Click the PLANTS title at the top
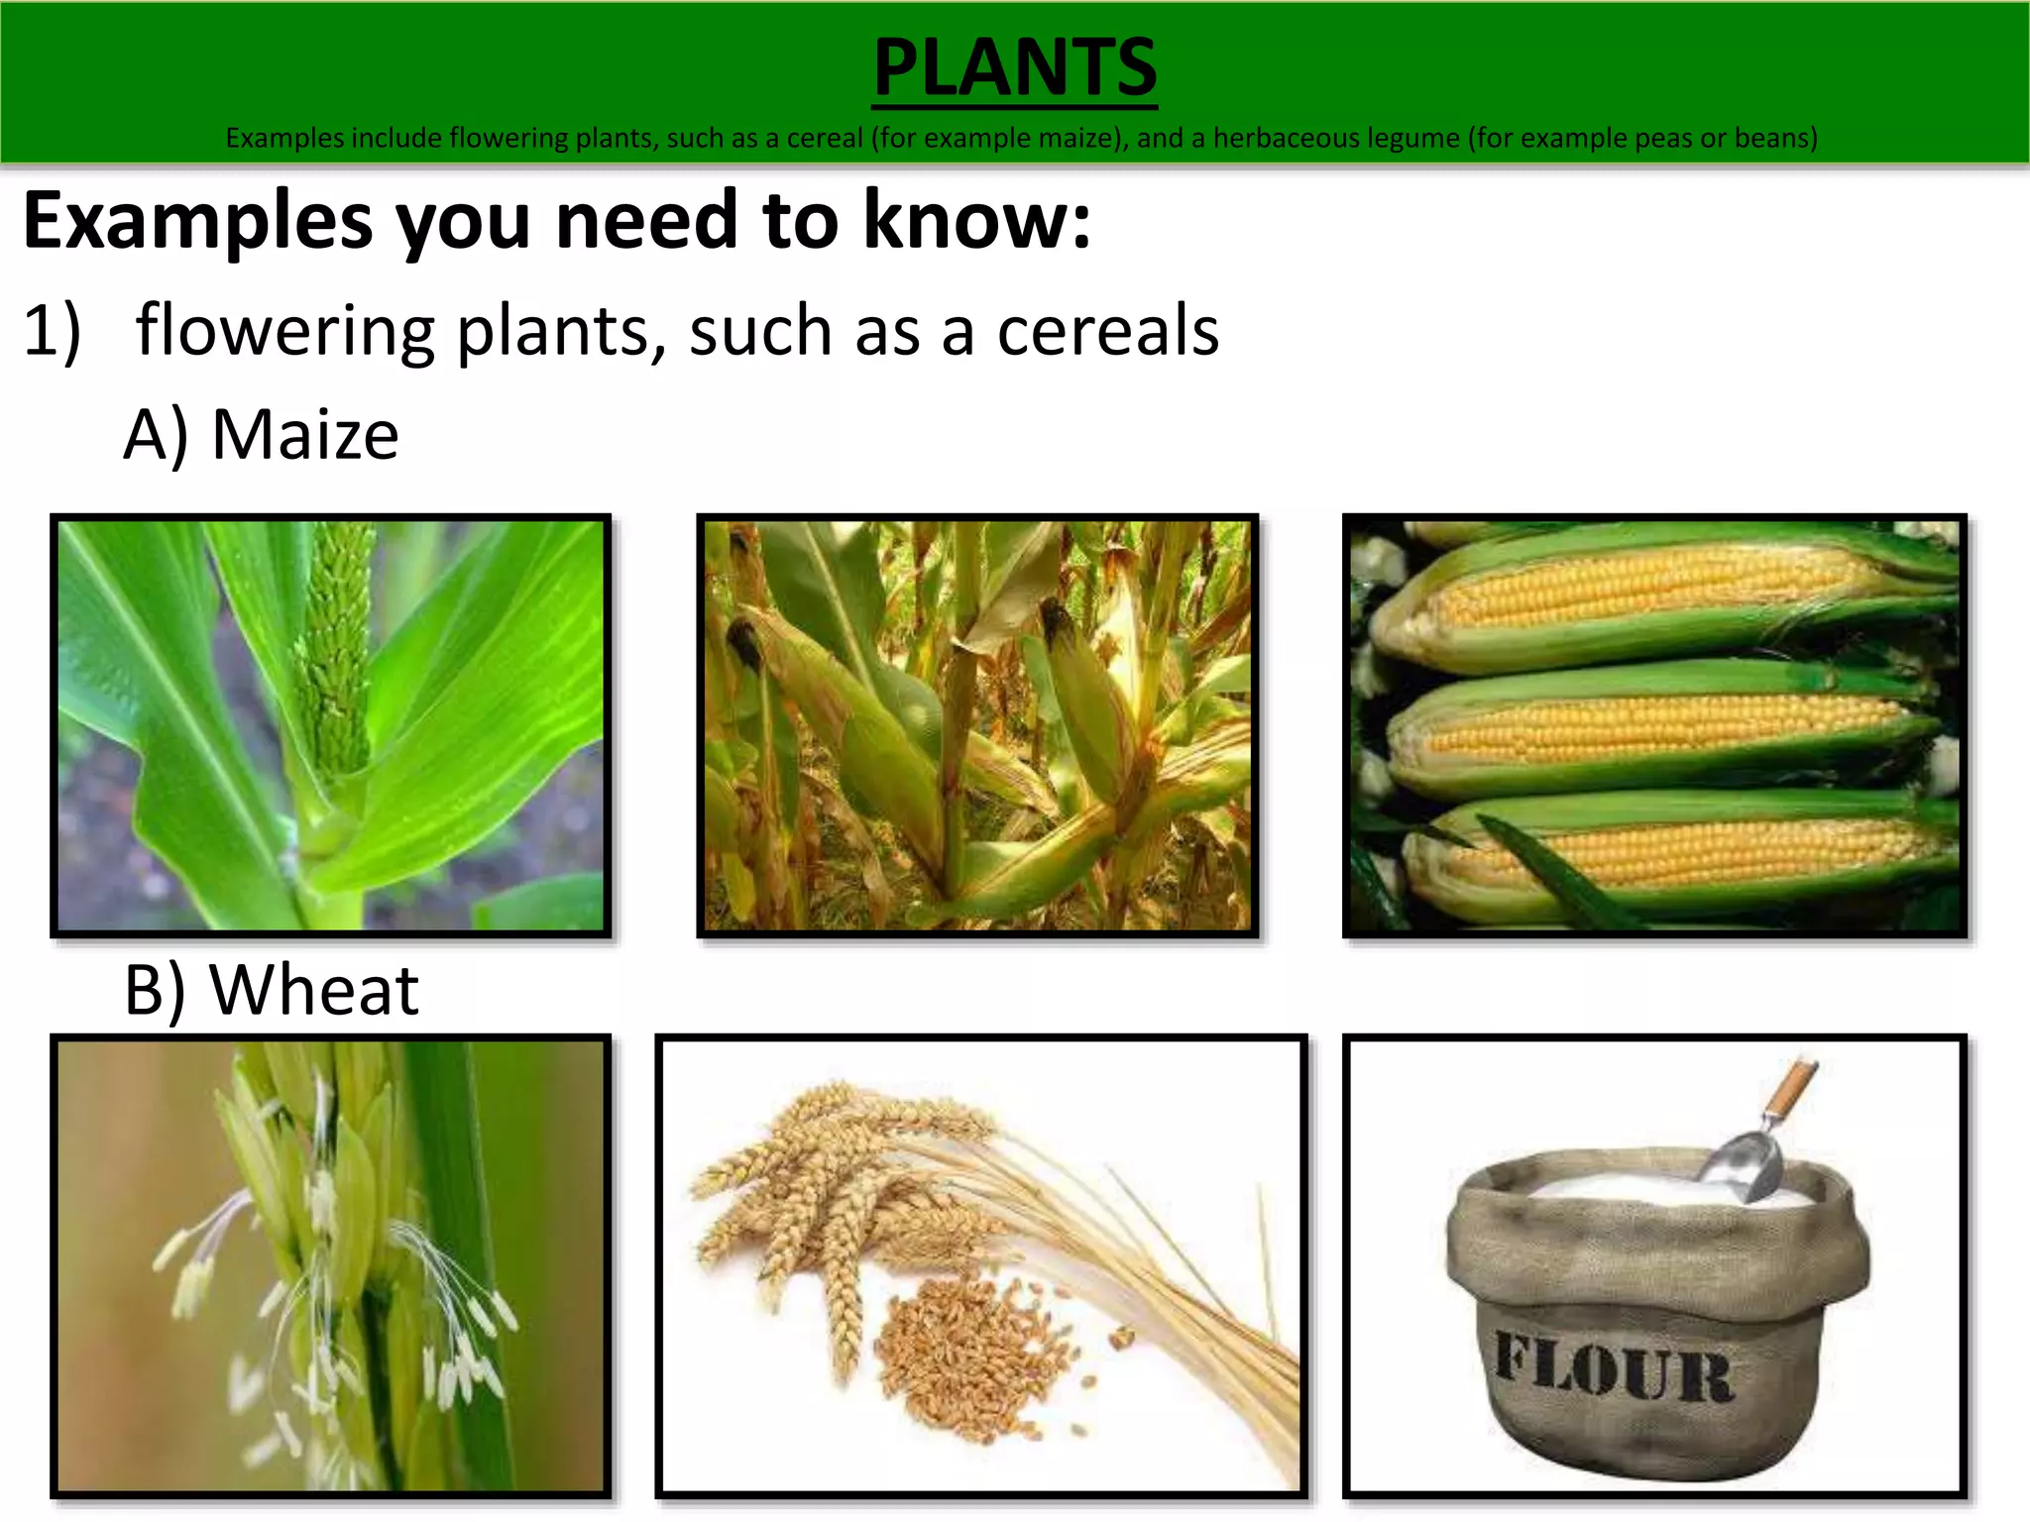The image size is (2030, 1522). pos(1014,67)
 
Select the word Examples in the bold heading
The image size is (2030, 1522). pos(198,221)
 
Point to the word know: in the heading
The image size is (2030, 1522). pos(976,219)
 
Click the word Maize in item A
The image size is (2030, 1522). pos(304,435)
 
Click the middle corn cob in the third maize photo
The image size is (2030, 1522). pos(1655,728)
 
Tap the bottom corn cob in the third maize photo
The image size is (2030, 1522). pos(1675,852)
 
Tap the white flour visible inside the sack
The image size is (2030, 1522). pos(1626,1189)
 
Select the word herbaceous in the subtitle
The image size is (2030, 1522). pos(1288,138)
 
